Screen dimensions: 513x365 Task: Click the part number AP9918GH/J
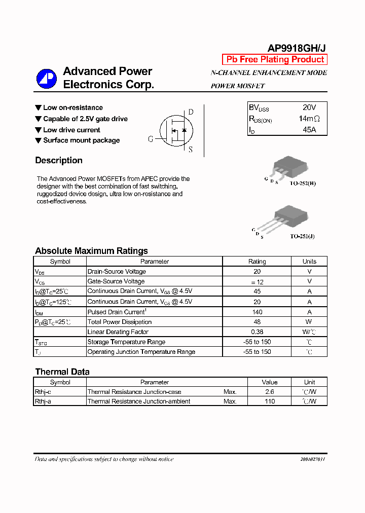[x=297, y=48]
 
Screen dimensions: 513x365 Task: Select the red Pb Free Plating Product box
[x=275, y=59]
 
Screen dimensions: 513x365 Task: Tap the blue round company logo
[x=47, y=79]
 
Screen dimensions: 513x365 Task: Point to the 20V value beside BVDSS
[x=309, y=107]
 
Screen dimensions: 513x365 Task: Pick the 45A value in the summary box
[x=309, y=130]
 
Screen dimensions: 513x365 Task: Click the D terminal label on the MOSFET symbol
[x=191, y=112]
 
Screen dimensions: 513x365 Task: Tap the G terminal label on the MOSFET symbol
[x=151, y=139]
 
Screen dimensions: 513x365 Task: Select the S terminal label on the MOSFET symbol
[x=191, y=150]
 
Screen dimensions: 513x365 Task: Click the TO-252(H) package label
[x=303, y=184]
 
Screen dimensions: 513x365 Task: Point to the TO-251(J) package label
[x=303, y=236]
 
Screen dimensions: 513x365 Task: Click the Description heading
[x=59, y=161]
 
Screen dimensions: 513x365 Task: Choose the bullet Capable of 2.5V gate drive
[x=85, y=119]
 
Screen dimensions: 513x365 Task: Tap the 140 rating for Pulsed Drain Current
[x=257, y=312]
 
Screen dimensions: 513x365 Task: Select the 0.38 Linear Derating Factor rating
[x=257, y=332]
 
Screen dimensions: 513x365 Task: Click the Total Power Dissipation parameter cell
[x=120, y=322]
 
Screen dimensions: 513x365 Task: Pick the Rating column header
[x=257, y=262]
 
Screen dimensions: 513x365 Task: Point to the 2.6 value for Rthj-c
[x=270, y=392]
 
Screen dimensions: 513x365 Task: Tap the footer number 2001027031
[x=309, y=459]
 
